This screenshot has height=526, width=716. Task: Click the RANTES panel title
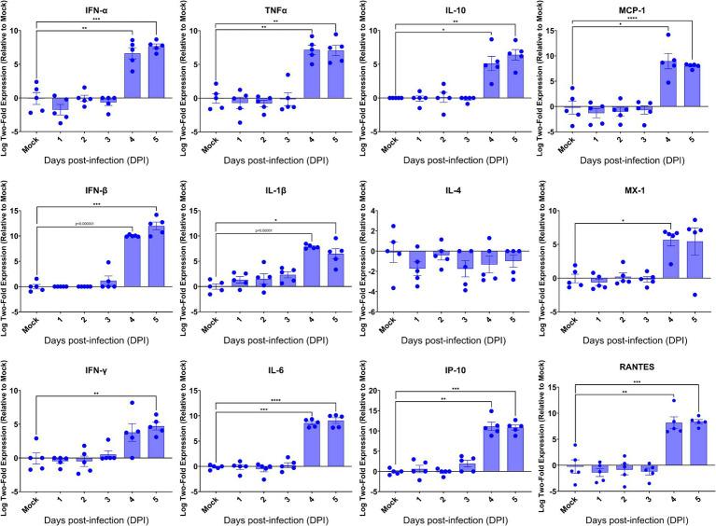point(635,378)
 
